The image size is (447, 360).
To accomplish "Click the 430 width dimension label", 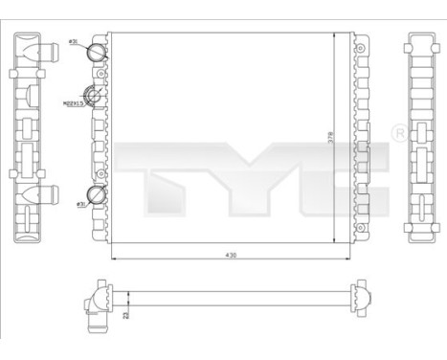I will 230,256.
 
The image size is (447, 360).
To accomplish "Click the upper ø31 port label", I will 74,43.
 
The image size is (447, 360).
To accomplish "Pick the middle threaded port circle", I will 96,95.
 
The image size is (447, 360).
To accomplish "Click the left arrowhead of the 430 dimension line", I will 114,261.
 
